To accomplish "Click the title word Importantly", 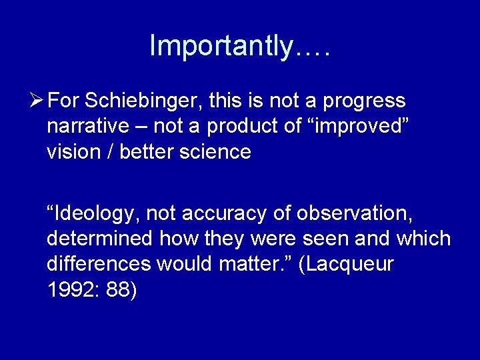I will coord(221,46).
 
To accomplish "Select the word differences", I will coord(99,265).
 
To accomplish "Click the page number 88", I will coord(121,290).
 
